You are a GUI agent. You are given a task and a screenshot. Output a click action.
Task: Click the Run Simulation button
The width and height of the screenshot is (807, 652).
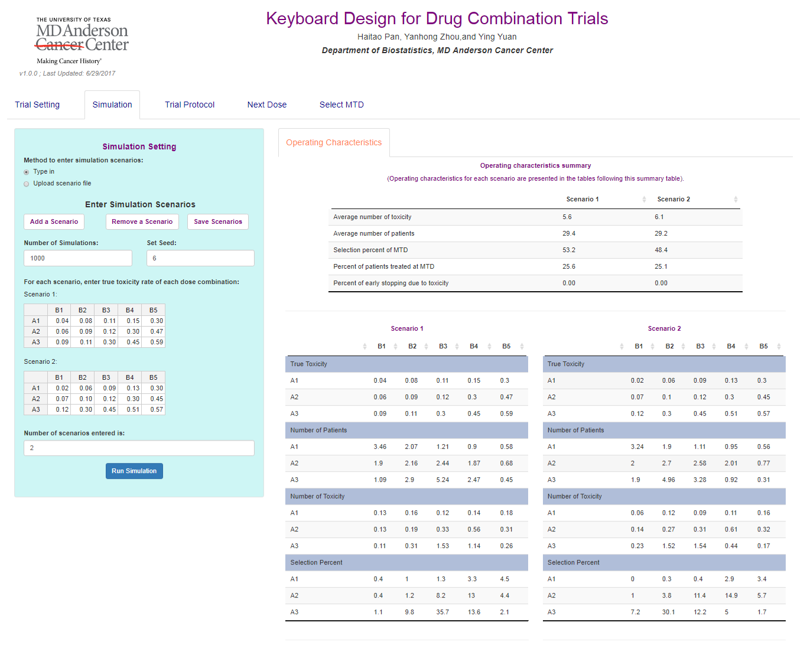click(134, 471)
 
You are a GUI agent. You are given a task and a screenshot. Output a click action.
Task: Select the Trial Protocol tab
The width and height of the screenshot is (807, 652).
click(190, 105)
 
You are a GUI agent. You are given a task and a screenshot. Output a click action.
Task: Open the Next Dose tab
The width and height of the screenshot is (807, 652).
click(267, 105)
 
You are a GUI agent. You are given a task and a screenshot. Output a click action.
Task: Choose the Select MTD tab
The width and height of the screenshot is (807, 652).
click(341, 105)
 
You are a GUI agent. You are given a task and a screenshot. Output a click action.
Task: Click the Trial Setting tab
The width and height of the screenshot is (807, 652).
click(37, 105)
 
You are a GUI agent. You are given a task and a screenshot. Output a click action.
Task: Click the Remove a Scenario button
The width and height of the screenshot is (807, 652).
click(142, 222)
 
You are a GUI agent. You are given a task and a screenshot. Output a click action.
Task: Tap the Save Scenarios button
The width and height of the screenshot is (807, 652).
click(218, 222)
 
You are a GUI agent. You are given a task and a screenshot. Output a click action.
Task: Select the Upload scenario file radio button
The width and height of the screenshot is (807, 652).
click(27, 184)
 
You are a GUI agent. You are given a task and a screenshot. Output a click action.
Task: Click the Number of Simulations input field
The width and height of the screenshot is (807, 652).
click(78, 259)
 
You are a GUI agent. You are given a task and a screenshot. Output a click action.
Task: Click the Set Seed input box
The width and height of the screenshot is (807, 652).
click(200, 259)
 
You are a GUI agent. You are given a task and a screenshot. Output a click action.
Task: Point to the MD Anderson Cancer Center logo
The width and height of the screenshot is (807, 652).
click(82, 40)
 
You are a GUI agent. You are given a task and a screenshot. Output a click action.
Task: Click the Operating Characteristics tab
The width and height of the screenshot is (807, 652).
click(334, 143)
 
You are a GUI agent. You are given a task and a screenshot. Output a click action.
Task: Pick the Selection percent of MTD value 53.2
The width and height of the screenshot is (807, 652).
click(569, 250)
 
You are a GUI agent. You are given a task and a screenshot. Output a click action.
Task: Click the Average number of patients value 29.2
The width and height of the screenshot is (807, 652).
click(661, 234)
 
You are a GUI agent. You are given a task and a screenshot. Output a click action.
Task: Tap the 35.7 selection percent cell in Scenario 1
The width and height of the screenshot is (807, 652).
click(442, 612)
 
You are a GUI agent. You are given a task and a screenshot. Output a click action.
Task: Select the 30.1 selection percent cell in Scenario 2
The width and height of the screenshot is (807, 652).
click(668, 612)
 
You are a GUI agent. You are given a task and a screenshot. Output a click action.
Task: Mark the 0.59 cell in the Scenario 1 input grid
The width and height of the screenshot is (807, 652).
click(157, 343)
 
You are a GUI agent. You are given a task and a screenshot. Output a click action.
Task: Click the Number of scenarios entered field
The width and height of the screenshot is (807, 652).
click(139, 448)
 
